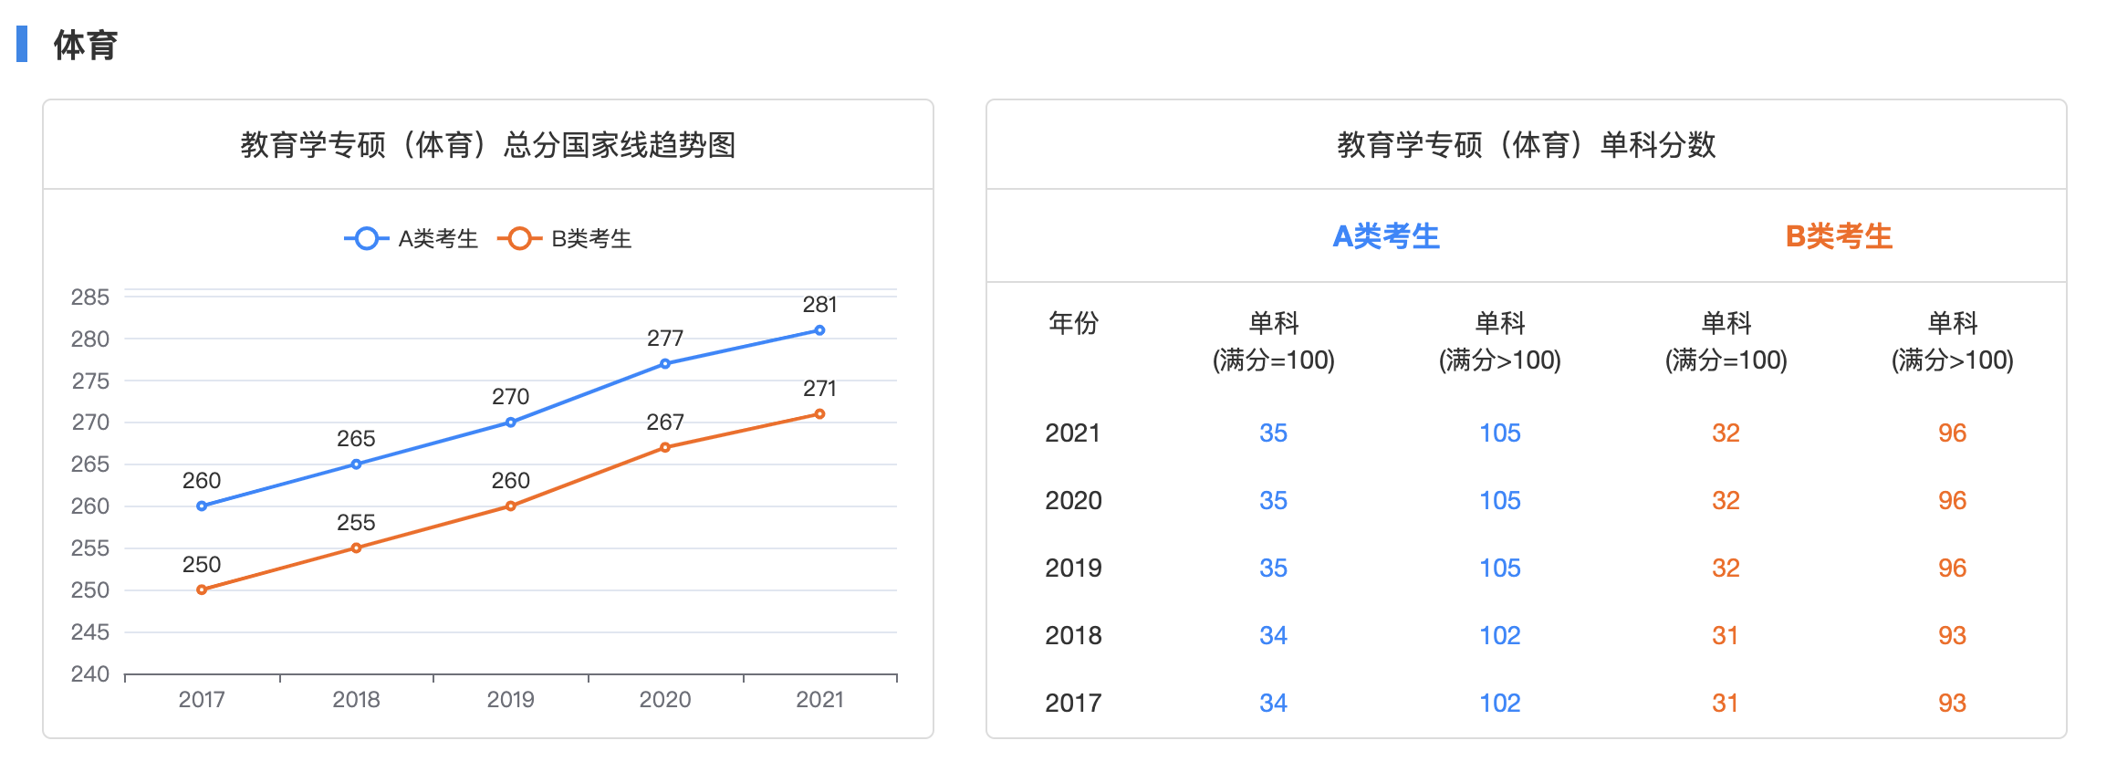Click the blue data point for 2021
819,330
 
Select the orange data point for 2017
202,589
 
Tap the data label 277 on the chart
665,339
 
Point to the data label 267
665,423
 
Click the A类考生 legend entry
412,239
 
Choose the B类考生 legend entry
566,239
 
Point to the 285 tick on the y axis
90,297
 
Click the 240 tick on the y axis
90,674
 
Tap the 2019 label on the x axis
510,700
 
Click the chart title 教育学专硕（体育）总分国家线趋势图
488,145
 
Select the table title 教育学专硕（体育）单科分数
1527,145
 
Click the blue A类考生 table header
1386,236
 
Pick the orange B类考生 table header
1839,236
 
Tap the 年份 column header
1073,323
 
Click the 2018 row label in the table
1073,635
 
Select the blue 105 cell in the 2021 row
1499,433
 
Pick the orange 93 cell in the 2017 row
1952,703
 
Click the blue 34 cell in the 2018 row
1273,635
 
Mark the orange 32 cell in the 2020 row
1726,500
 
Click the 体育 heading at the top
86,45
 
